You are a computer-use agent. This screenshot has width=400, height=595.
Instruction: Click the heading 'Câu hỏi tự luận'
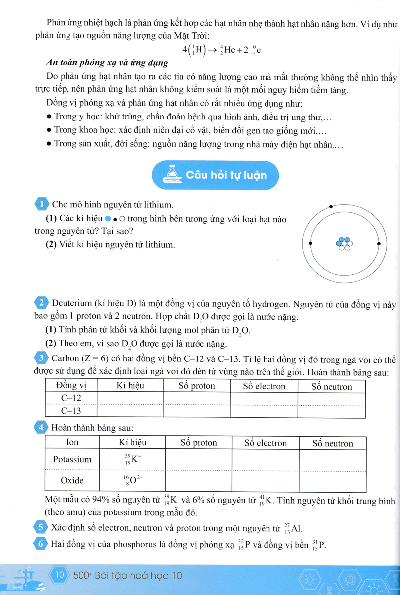(x=226, y=175)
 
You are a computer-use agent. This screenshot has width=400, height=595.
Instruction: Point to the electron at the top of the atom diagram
(x=331, y=206)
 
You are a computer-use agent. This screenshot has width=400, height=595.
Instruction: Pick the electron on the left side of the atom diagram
(x=310, y=244)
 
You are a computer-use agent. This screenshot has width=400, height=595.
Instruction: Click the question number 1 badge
(x=42, y=204)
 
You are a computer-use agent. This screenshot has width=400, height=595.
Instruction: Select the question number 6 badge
(x=42, y=545)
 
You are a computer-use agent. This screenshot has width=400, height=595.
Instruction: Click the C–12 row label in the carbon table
(x=70, y=398)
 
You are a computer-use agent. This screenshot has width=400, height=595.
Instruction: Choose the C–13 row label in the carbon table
(x=70, y=411)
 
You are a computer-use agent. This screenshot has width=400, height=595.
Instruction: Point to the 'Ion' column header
(x=72, y=442)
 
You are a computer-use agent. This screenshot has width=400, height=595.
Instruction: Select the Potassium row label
(x=72, y=459)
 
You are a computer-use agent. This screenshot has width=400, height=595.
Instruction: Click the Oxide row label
(x=72, y=480)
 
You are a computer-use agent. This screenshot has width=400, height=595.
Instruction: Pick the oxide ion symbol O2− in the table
(x=132, y=480)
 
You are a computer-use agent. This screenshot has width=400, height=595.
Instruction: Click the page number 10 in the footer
(x=61, y=576)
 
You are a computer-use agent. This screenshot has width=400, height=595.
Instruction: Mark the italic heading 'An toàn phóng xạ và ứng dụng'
(x=100, y=63)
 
